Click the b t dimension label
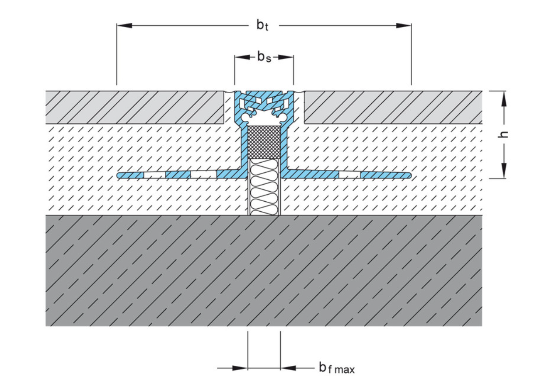coord(263,26)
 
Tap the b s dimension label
coord(264,57)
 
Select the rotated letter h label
coord(504,134)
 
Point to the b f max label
coord(336,368)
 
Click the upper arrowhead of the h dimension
coord(504,99)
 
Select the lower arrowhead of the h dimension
coord(504,171)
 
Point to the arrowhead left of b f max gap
coord(240,368)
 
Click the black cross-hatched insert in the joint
coord(264,142)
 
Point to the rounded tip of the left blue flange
coord(120,175)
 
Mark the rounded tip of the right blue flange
coord(409,175)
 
